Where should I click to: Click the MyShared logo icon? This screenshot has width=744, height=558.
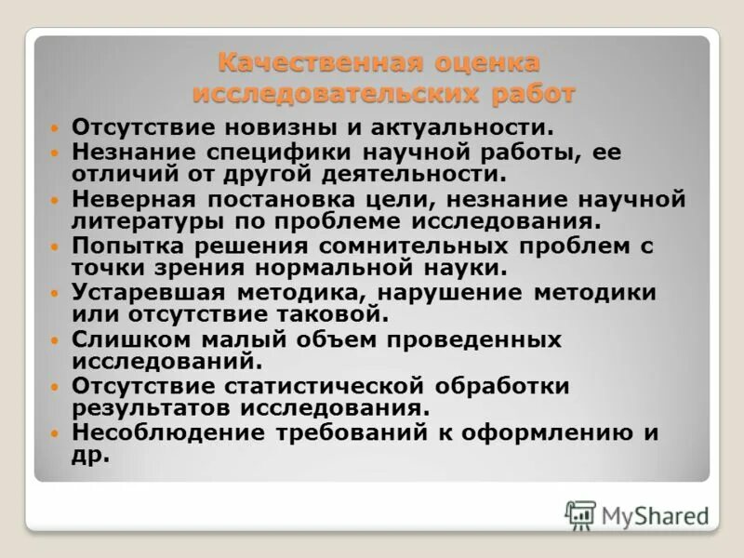tap(579, 514)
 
